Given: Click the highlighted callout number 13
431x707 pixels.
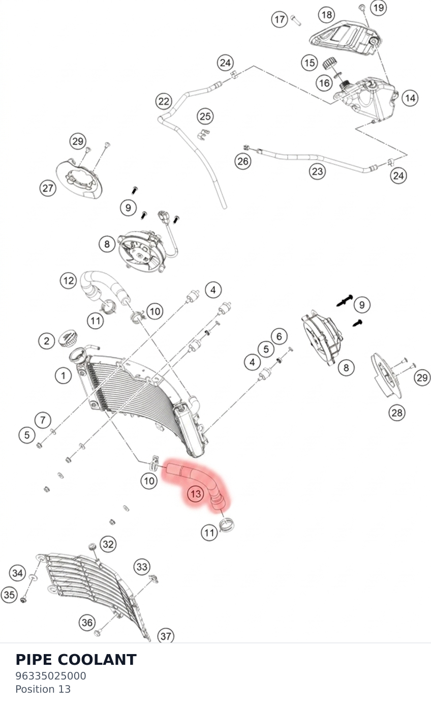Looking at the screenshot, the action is coord(196,494).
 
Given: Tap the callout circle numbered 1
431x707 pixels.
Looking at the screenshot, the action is coord(63,375).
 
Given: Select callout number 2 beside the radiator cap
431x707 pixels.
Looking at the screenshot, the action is coord(47,341).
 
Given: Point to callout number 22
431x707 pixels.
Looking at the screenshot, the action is coord(164,101).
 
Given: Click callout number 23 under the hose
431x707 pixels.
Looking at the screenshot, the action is coord(317,171).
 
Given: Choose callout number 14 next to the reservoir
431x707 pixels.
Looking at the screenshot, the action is coord(410,98).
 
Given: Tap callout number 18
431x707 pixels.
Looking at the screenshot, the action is coord(327,15).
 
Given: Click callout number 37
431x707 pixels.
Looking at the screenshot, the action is coord(166,636).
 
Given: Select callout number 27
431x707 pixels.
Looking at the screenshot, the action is coord(48,188).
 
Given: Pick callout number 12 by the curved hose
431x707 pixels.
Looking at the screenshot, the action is coord(69,281).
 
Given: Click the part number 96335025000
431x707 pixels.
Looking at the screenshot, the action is coord(51,676).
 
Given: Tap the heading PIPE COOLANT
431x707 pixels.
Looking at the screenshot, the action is coord(76,660).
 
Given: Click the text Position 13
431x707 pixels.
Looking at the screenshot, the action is coord(43,689).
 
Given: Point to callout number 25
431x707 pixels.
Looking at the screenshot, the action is coord(205,116).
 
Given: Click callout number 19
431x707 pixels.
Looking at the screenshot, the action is coord(378,7).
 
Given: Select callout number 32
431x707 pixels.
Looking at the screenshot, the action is coord(108,544).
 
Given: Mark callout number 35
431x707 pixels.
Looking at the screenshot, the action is coord(9,595).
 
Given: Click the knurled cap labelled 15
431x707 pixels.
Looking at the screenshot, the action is coord(330,63).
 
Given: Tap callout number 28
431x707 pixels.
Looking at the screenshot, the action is coord(396,413).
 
